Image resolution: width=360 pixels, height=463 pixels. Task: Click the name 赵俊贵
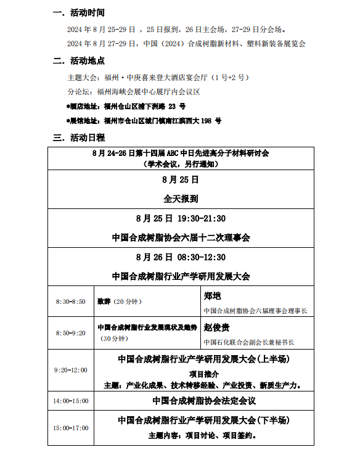[x=216, y=327]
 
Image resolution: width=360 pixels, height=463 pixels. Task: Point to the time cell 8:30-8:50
[x=70, y=301]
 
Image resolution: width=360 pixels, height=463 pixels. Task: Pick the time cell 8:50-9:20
[x=70, y=333]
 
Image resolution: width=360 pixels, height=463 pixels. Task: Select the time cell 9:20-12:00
[x=70, y=370]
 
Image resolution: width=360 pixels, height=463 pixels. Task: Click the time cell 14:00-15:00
[x=70, y=401]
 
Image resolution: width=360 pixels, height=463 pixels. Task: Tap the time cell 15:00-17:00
[x=70, y=427]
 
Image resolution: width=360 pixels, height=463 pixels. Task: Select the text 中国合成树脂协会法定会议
[x=203, y=401]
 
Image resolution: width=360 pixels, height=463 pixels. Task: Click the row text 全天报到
[x=181, y=199]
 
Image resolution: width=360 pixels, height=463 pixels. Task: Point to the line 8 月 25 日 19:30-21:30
[x=181, y=218]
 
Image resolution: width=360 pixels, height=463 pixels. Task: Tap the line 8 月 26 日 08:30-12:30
[x=181, y=257]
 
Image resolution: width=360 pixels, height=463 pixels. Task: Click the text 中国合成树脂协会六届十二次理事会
[x=181, y=237]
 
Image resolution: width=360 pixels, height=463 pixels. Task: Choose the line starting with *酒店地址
[x=117, y=107]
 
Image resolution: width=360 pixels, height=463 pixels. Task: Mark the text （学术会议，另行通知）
[x=181, y=163]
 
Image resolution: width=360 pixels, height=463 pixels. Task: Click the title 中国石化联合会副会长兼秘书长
[x=249, y=342]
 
